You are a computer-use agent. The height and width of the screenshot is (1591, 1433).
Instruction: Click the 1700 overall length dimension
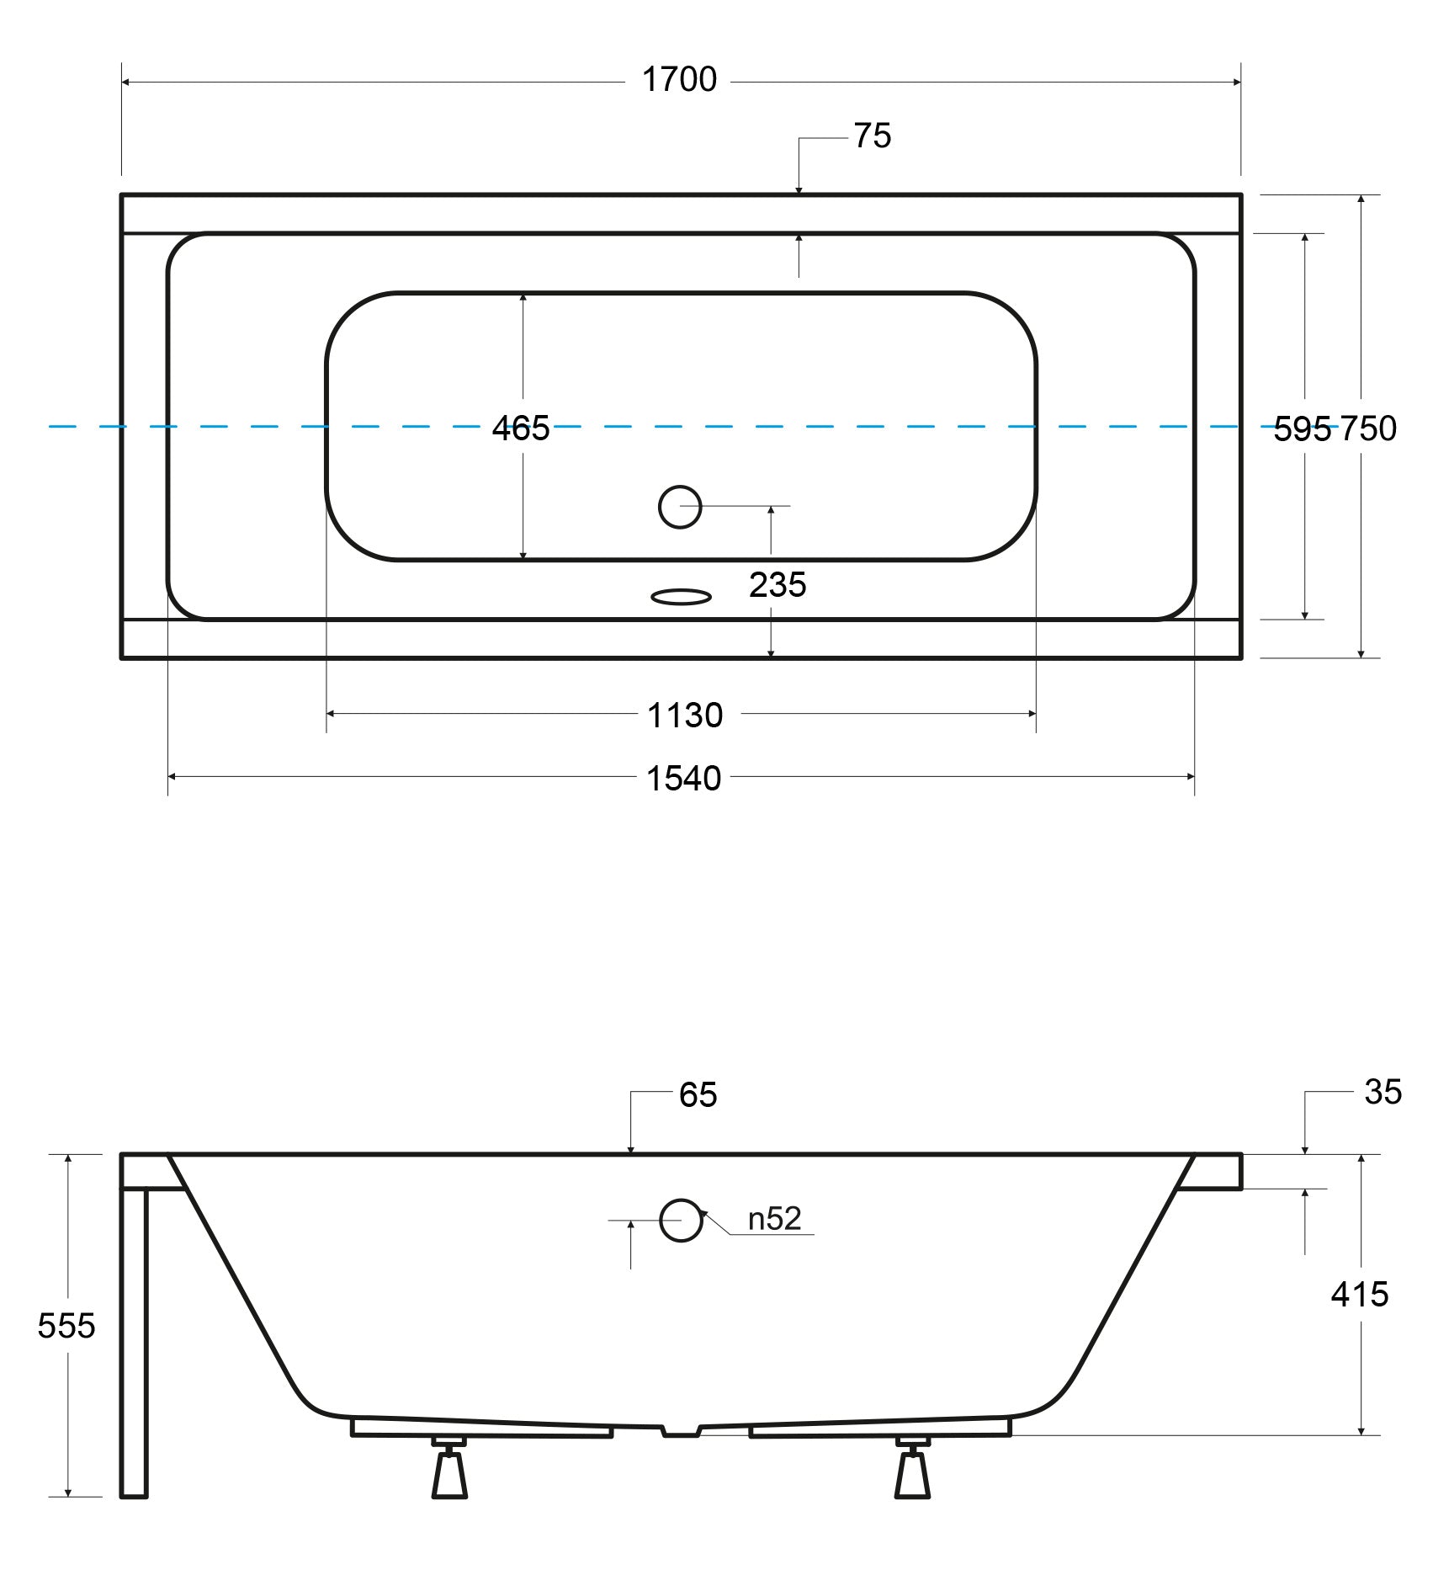click(x=679, y=80)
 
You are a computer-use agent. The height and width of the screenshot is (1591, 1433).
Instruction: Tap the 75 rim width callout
click(x=873, y=136)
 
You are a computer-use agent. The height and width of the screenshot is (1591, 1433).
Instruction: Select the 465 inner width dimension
click(x=521, y=428)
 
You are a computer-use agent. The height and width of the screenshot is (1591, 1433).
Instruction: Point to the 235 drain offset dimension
click(x=778, y=585)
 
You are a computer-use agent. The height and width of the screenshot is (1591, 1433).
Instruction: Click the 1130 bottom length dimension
click(x=685, y=716)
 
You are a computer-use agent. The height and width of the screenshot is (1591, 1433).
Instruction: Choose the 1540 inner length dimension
click(x=683, y=779)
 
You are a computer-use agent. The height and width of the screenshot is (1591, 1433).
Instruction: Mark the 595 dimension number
click(x=1303, y=429)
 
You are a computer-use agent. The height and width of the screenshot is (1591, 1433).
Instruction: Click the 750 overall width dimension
click(x=1368, y=429)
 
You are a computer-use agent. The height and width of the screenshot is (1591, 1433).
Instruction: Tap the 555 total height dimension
click(x=66, y=1326)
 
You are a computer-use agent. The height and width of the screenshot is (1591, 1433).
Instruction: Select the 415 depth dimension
click(x=1360, y=1295)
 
